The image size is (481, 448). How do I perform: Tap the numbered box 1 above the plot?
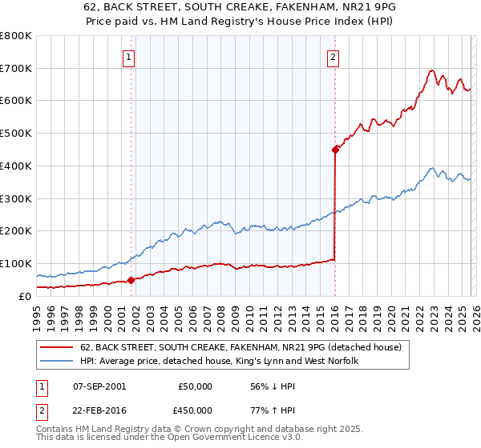coord(129,56)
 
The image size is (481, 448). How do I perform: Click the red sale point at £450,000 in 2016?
coord(335,149)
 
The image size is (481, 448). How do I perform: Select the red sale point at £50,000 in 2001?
coord(131,280)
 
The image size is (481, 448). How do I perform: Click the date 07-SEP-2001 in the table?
coord(99,386)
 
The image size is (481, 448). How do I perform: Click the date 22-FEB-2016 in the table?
coord(99,410)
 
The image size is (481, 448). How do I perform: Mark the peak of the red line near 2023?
coord(431,70)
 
